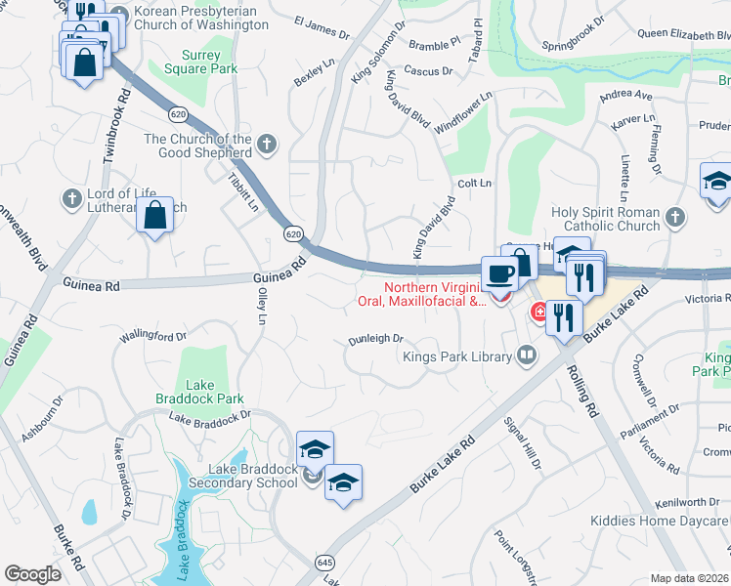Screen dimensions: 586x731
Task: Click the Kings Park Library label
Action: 457,356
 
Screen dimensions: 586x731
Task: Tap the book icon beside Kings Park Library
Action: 528,356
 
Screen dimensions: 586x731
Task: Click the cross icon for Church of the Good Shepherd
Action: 267,146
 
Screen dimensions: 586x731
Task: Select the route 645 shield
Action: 325,563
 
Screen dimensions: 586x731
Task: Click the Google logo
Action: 32,574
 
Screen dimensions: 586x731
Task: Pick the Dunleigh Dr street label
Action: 376,340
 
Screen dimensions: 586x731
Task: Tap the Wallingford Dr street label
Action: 152,337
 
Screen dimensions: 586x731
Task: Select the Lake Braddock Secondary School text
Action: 249,476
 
